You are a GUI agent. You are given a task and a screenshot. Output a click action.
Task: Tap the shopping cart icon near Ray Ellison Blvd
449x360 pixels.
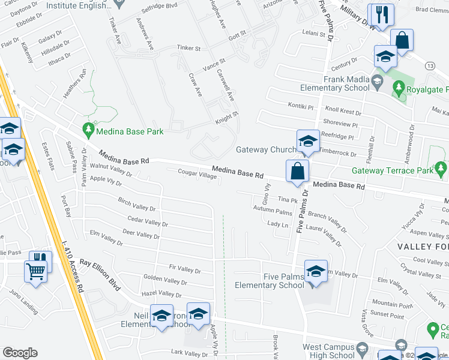click(35, 271)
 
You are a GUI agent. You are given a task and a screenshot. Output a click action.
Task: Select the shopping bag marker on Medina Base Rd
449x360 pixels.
click(297, 171)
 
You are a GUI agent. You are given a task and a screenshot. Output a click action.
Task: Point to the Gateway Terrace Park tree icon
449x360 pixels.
click(441, 167)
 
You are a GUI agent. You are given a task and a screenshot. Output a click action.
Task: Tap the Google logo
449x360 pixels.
click(20, 353)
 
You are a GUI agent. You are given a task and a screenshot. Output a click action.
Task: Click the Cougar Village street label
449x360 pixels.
click(197, 174)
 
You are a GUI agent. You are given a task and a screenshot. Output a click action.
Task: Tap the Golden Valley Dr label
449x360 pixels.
click(166, 281)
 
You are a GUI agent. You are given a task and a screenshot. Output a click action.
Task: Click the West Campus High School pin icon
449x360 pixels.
click(362, 349)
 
